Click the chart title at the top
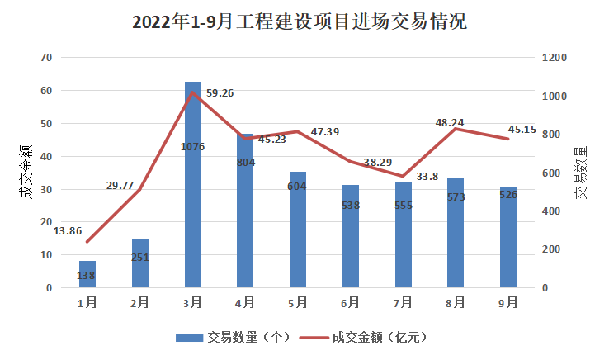tap(299, 21)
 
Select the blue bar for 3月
tap(193, 185)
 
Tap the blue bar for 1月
tap(87, 274)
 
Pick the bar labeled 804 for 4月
tap(245, 211)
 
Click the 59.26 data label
tap(220, 93)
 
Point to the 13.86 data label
tap(68, 231)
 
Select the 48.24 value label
tap(450, 123)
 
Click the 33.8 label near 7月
tap(427, 177)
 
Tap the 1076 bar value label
tap(192, 147)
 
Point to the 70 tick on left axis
tap(46, 58)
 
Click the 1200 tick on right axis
tap(555, 58)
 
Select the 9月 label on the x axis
tap(508, 302)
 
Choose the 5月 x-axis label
tap(298, 302)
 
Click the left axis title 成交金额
tap(26, 173)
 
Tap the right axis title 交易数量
tap(581, 173)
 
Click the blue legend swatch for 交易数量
tap(189, 338)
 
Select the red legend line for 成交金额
tap(314, 338)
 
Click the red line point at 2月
tap(139, 189)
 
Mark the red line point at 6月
tap(351, 161)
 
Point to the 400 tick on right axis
tap(551, 211)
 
